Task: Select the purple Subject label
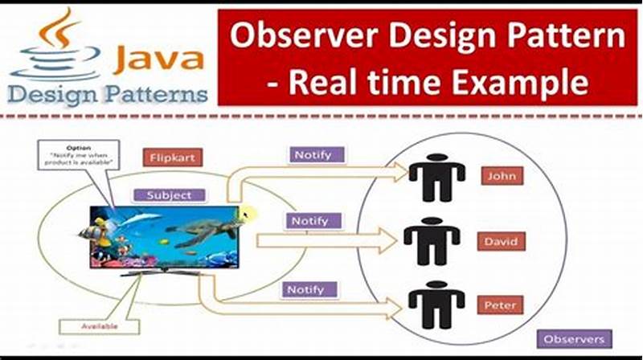(170, 195)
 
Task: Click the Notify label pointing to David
(310, 220)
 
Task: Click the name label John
(503, 176)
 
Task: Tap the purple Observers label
(574, 339)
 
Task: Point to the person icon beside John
(436, 177)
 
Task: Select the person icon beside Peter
(436, 305)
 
